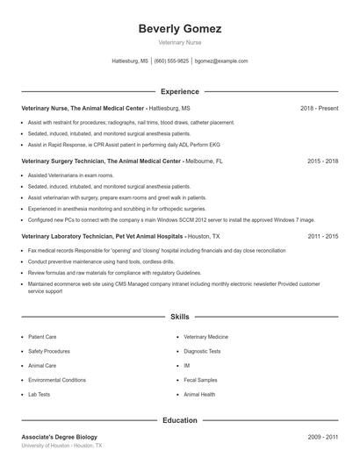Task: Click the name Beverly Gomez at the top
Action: [x=179, y=29]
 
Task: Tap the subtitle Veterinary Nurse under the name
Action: [x=179, y=43]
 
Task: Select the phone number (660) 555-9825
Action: [x=171, y=61]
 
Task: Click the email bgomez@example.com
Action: [x=221, y=61]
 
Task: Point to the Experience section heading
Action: [x=179, y=91]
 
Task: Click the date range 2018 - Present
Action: [x=319, y=108]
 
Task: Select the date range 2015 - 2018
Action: [x=322, y=161]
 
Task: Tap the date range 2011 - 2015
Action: [x=322, y=236]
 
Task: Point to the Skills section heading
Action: [x=179, y=316]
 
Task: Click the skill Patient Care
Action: [x=42, y=336]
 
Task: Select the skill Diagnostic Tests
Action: [x=202, y=351]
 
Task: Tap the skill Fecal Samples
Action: [x=200, y=380]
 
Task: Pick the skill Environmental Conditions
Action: [x=57, y=380]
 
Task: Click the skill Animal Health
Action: [x=199, y=394]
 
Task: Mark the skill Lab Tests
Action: [x=39, y=394]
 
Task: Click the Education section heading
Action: [x=179, y=420]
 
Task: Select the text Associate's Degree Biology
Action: [x=60, y=437]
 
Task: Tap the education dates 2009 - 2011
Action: [x=322, y=437]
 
